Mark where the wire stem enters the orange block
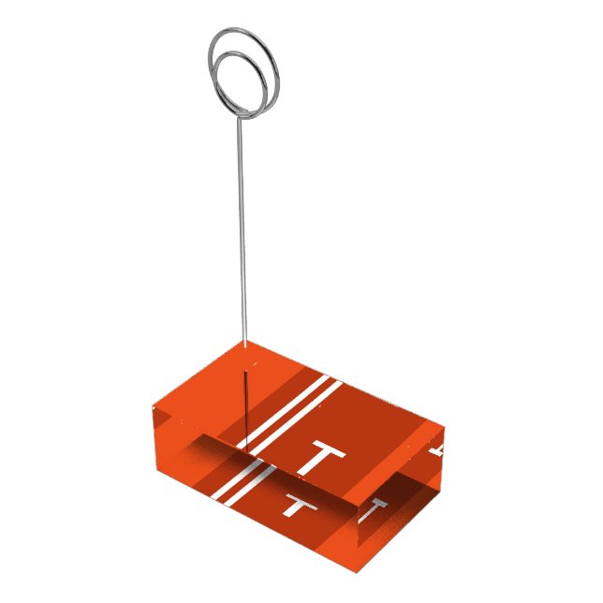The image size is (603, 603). coord(245,345)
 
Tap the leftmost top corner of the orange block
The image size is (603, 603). coord(154,408)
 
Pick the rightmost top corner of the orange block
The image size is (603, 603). coord(444,428)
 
